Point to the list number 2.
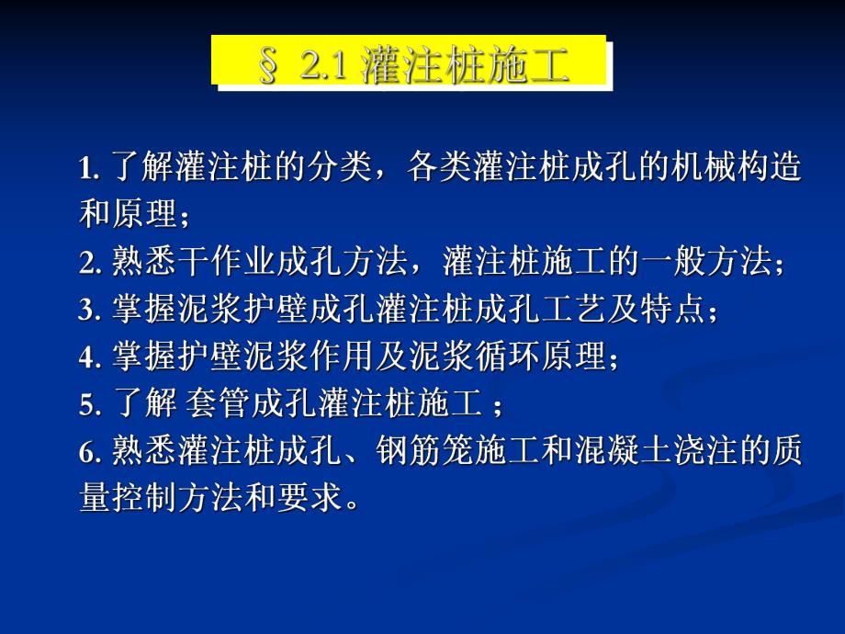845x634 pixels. pos(88,264)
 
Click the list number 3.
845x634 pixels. pos(88,311)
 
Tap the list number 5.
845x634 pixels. pos(88,403)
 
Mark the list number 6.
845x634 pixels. pos(88,450)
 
